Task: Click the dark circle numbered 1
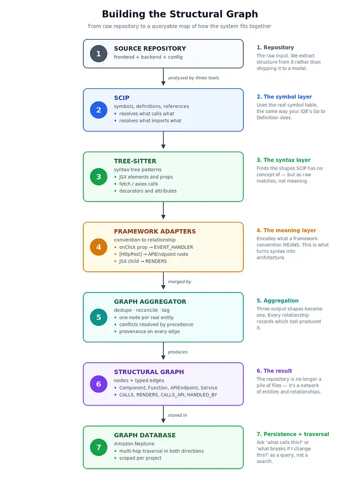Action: [98, 54]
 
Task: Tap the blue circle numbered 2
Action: [98, 110]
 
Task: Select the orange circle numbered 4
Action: [98, 247]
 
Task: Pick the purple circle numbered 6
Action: [98, 384]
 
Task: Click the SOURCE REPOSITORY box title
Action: [150, 49]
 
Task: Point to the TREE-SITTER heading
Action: [135, 161]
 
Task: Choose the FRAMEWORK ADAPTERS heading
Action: [155, 231]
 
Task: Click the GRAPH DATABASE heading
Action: [145, 435]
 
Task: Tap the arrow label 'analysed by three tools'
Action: [193, 78]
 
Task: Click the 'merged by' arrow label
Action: [179, 282]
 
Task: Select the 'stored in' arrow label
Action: [177, 415]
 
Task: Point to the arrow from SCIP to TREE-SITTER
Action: [164, 140]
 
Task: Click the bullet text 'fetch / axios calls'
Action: [138, 184]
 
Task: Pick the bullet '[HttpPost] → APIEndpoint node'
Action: [154, 254]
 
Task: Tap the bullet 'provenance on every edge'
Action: [149, 331]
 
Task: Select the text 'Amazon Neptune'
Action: [134, 443]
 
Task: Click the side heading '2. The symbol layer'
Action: [284, 97]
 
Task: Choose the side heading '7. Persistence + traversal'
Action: [293, 434]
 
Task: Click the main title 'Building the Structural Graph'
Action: [180, 14]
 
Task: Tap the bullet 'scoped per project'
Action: [140, 458]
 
